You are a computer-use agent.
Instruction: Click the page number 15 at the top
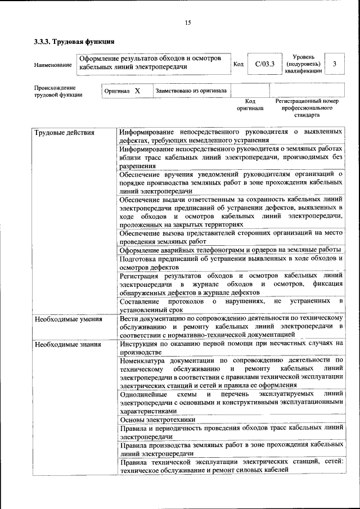188,22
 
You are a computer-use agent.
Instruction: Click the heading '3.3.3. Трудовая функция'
74,42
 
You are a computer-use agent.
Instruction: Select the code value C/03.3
264,64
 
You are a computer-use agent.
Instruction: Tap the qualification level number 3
334,64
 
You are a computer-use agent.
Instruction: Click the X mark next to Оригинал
137,90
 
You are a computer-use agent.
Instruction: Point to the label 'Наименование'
53,65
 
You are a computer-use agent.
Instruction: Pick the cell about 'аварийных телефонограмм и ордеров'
231,250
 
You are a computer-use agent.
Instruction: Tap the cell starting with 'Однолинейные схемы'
231,403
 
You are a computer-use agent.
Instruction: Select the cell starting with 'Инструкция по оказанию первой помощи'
231,348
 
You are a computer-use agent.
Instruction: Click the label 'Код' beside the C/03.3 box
238,64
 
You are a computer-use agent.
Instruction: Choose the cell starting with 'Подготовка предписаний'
231,263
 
